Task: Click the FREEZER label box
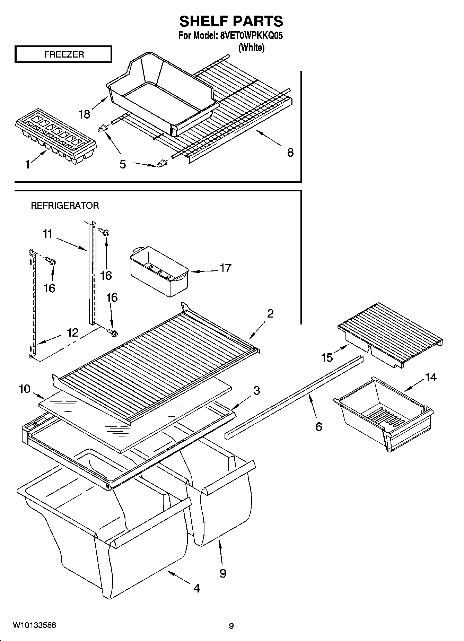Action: click(63, 54)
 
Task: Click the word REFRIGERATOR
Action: click(65, 206)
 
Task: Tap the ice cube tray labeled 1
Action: click(55, 135)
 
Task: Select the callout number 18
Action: click(85, 114)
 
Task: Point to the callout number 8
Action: click(290, 152)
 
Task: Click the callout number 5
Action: click(123, 164)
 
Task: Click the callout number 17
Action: click(225, 268)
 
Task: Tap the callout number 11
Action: click(47, 234)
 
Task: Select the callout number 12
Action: click(72, 332)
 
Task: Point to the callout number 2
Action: click(270, 313)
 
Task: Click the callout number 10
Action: click(25, 389)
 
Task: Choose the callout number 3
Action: click(256, 390)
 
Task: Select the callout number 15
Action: click(327, 357)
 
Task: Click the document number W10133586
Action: click(35, 625)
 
